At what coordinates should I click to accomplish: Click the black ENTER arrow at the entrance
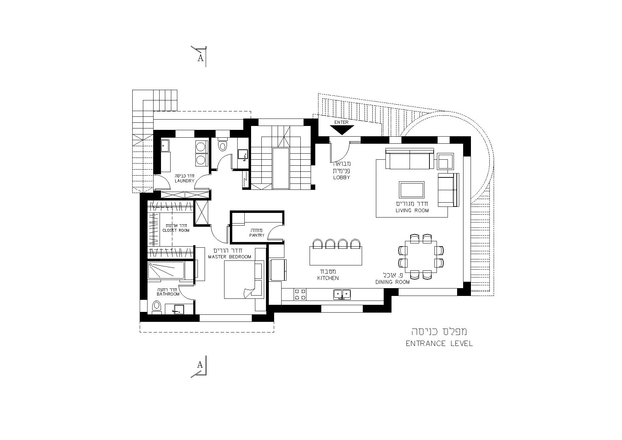pos(342,130)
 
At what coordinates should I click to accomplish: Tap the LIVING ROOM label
pos(412,210)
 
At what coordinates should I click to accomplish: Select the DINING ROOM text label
pos(393,282)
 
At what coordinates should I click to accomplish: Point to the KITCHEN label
pos(328,278)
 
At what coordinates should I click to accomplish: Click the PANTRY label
pos(257,235)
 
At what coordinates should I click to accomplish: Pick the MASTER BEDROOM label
pos(229,257)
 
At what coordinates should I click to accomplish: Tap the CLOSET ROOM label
pos(176,231)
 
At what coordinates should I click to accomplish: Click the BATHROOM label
pos(168,294)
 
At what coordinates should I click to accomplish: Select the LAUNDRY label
pos(185,181)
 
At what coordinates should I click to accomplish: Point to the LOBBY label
pos(341,177)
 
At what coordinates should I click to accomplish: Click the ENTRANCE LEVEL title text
pos(439,343)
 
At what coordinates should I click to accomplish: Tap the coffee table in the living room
pos(412,190)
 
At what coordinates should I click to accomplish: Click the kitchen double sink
pos(342,294)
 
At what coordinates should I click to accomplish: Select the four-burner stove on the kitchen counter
pos(300,294)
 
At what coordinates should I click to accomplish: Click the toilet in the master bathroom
pos(156,307)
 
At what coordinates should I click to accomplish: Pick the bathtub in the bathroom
pos(166,270)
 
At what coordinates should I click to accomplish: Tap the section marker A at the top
pos(200,58)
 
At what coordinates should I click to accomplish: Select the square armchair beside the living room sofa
pos(445,161)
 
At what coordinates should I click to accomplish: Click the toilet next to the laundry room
pos(222,144)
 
